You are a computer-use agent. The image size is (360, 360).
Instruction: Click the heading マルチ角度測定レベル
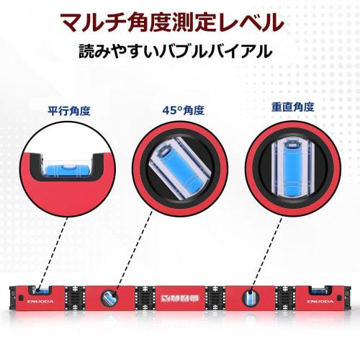(180, 21)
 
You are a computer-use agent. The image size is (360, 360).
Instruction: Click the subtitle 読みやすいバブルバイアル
(180, 53)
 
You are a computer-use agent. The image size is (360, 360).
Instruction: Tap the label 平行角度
(68, 112)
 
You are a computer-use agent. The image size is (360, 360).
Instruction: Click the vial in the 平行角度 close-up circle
(63, 168)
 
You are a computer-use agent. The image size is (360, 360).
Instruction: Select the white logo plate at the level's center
(181, 296)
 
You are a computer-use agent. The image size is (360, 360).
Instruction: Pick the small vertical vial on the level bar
(249, 296)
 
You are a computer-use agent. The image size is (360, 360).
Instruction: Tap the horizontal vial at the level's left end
(40, 291)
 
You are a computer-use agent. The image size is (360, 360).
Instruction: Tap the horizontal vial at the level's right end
(320, 291)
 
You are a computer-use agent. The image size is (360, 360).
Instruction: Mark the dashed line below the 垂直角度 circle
(268, 248)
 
